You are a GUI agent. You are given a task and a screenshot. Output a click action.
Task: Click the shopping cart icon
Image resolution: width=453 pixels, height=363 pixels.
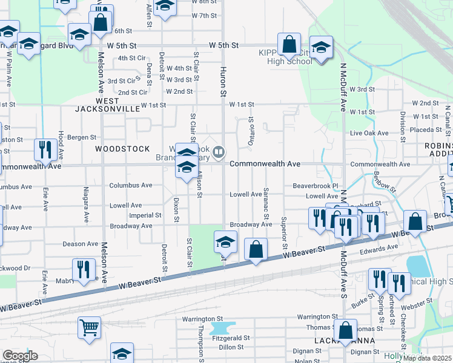[89, 327]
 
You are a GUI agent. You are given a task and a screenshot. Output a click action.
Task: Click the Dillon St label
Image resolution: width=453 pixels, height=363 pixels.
[231, 347]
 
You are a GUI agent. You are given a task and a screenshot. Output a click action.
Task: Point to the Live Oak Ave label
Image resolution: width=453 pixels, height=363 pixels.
[369, 132]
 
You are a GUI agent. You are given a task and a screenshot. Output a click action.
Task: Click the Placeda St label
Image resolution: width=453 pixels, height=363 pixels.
[424, 129]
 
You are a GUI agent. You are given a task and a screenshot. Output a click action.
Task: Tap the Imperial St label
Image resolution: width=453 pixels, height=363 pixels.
[145, 215]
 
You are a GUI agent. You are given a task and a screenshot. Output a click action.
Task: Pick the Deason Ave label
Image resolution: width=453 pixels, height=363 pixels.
[81, 244]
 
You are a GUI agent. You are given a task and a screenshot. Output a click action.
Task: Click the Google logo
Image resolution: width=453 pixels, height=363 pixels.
[20, 355]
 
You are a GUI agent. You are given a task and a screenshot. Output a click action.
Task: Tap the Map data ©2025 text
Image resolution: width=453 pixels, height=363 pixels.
[426, 358]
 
